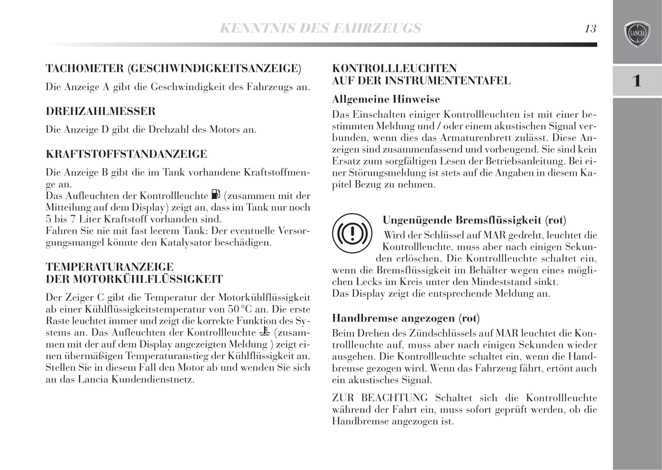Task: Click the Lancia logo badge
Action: point(637,34)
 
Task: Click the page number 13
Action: point(590,29)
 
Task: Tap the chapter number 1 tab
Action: point(637,81)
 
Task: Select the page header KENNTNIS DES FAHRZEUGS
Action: point(320,28)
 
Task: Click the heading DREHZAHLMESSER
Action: point(101,111)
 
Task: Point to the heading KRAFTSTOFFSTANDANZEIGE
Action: point(126,154)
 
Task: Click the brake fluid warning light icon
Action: point(352,235)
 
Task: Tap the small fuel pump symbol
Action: point(216,195)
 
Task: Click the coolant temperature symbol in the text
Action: point(263,332)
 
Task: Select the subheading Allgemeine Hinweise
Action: point(386,99)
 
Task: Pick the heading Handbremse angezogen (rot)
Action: point(405,318)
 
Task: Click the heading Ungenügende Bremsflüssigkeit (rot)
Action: point(474,220)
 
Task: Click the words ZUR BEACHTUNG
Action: point(380,398)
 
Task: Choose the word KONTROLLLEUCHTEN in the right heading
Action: point(394,69)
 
